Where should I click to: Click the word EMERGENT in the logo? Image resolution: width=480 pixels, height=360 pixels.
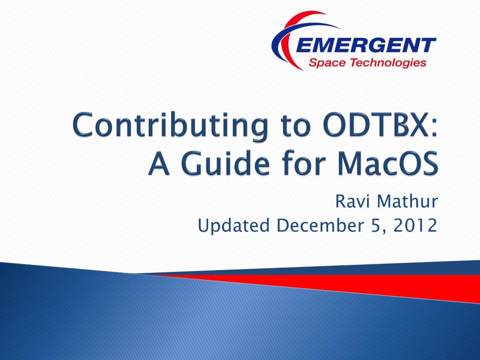tap(366, 45)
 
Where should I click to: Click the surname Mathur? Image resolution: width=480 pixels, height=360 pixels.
tap(407, 202)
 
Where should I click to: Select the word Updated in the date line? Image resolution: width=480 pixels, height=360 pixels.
tap(233, 226)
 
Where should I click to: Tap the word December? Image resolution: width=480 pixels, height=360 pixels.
tap(319, 225)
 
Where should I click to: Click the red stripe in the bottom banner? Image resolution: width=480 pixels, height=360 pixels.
tap(367, 283)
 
